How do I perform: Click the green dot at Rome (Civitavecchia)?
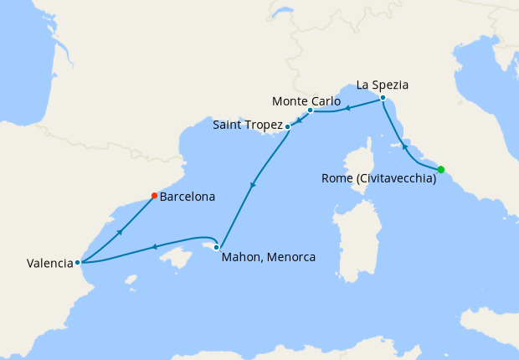coord(441,170)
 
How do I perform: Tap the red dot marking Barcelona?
coord(154,196)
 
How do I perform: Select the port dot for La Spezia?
coord(383,99)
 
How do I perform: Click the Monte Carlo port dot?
coord(310,111)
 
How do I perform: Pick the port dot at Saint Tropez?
coord(288,127)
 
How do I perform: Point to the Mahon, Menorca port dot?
coord(217,247)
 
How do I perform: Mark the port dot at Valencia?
coord(78,262)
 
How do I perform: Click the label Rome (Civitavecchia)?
coord(378,178)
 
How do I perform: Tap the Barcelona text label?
coord(188,198)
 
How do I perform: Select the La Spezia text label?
coord(384,85)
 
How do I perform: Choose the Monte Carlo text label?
coord(306,101)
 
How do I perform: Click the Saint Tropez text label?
coord(248,126)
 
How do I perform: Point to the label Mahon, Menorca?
coord(268,258)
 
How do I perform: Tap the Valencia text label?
coord(49,263)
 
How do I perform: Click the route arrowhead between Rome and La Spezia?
coord(405,147)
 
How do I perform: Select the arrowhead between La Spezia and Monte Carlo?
coord(347,108)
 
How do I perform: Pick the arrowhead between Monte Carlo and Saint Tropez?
coord(299,119)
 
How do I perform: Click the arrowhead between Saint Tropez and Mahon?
coord(253,184)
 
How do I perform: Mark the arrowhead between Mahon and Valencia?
coord(154,247)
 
